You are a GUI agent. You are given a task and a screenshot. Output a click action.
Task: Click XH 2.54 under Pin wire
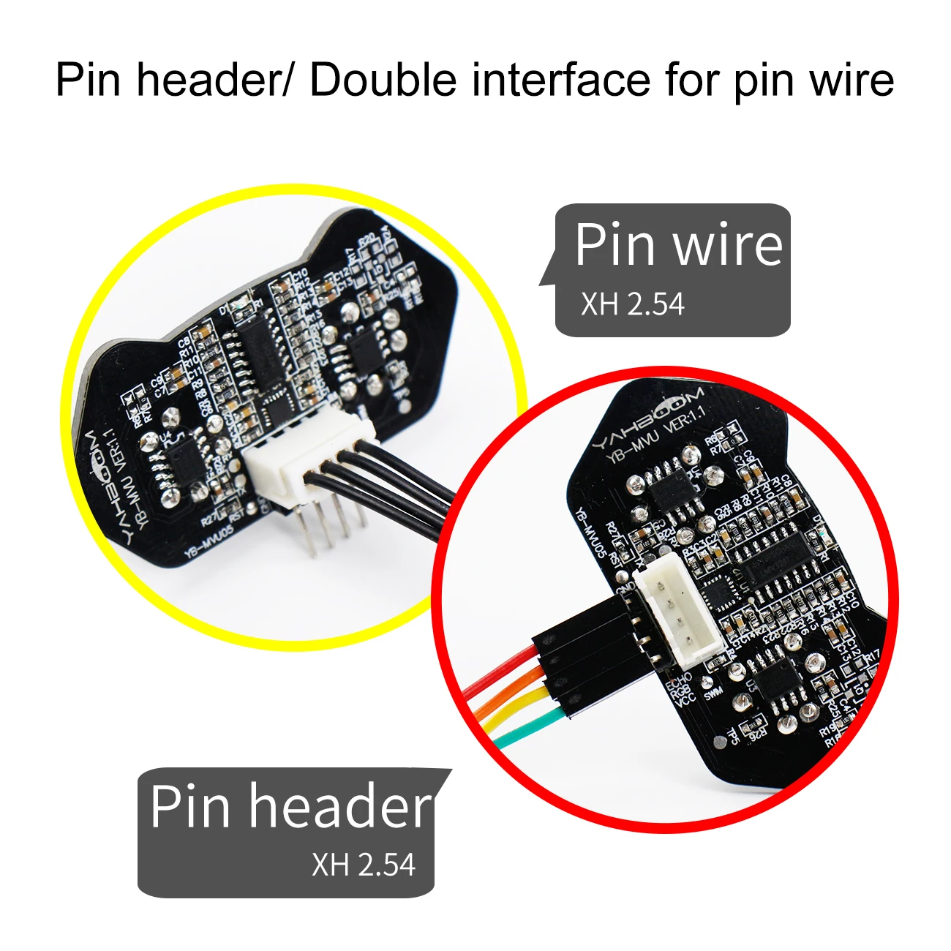pyautogui.click(x=633, y=304)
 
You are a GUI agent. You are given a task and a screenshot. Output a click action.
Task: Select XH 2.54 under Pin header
pyautogui.click(x=364, y=865)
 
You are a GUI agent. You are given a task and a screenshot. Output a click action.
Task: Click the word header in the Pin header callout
pyautogui.click(x=340, y=806)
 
